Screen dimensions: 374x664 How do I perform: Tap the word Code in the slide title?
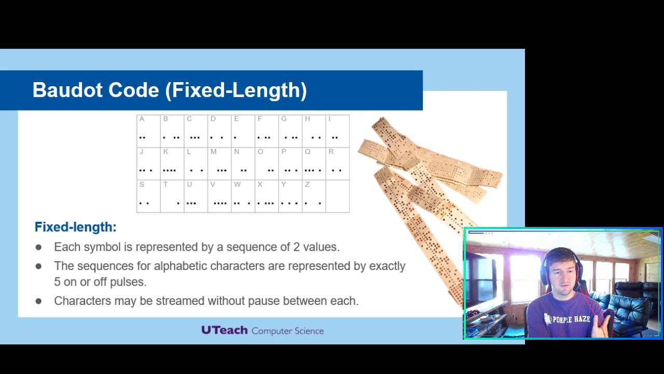[134, 90]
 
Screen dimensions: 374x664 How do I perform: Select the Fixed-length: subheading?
[75, 227]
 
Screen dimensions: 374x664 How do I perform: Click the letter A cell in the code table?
[148, 131]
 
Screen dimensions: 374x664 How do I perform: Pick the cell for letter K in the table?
[172, 164]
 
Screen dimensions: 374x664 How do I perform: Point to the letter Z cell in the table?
[314, 196]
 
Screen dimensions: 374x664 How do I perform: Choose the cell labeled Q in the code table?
[314, 164]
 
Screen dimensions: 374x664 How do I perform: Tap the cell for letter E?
[243, 131]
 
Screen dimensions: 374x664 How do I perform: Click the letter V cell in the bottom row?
[219, 196]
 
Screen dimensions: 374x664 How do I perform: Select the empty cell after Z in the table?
[338, 196]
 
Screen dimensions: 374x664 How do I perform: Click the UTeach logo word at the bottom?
[224, 330]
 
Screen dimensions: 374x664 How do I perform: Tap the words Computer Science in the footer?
[287, 331]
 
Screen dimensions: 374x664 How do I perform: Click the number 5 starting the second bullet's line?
[57, 282]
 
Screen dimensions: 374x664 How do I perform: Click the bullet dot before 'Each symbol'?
[38, 247]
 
